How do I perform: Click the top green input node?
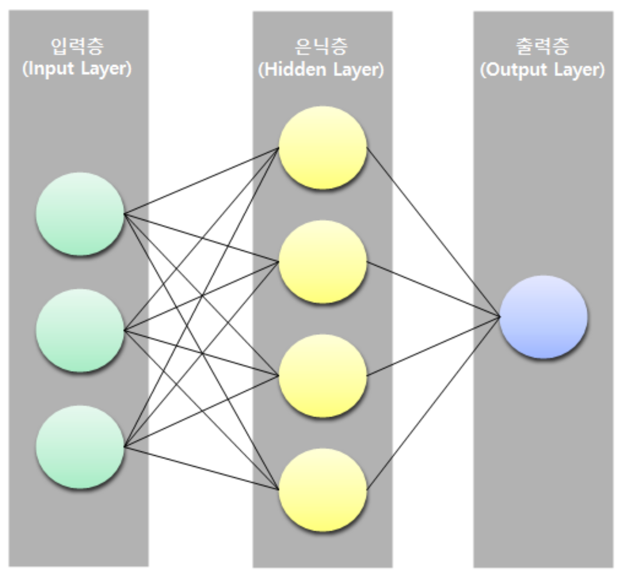(80, 214)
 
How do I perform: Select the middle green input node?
(80, 331)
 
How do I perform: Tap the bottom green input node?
(80, 447)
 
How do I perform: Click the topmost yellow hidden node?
(323, 148)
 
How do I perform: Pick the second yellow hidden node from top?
(323, 261)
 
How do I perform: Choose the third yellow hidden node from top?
(323, 375)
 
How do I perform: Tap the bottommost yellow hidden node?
(323, 489)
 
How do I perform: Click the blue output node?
(543, 317)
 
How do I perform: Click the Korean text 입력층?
(77, 46)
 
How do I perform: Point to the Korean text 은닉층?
(321, 46)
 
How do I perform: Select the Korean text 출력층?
(542, 46)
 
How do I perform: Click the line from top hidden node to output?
(433, 232)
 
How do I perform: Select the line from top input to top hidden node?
(201, 181)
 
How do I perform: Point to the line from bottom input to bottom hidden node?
(201, 468)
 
